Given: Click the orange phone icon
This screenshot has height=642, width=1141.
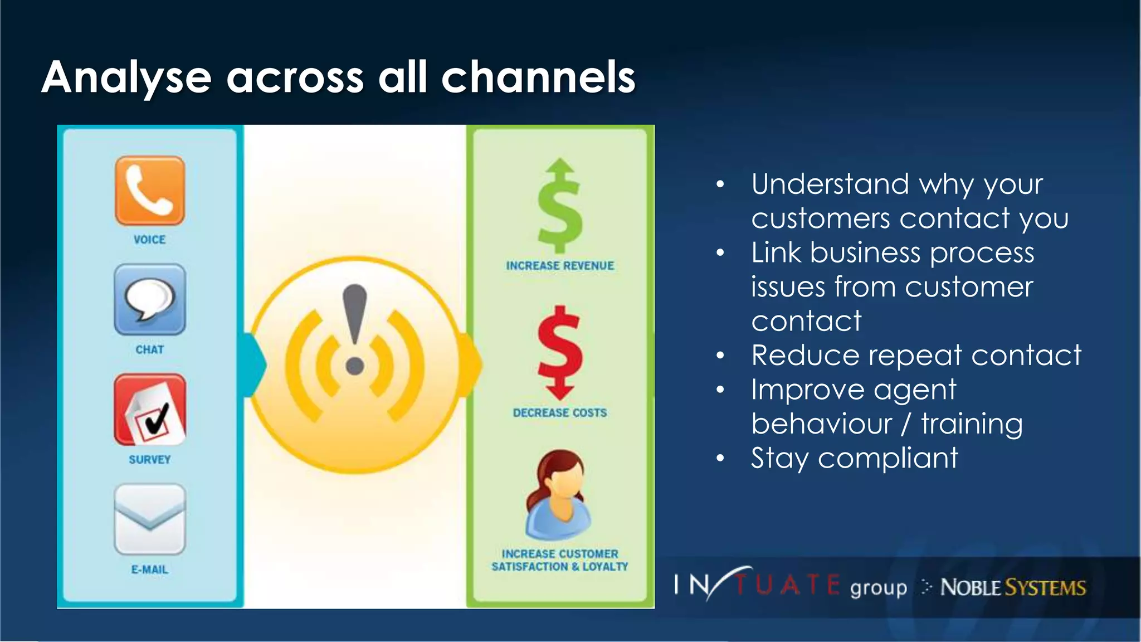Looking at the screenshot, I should [149, 191].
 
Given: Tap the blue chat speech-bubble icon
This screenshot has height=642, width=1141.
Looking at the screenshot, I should [149, 300].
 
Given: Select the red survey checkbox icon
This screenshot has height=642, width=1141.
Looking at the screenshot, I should [149, 410].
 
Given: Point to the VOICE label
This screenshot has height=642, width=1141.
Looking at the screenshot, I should [149, 240].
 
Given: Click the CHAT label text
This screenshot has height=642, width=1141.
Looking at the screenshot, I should [149, 349].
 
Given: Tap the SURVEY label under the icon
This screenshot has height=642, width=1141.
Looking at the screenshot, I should [149, 460].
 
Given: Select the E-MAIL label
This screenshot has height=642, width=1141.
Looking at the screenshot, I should [149, 570].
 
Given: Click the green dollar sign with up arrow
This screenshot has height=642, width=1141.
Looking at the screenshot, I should [560, 206].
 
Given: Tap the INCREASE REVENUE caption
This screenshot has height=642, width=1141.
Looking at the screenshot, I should [560, 266].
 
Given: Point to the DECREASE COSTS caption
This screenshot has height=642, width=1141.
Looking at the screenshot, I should [560, 413].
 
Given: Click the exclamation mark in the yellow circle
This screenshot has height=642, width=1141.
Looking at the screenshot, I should [355, 329].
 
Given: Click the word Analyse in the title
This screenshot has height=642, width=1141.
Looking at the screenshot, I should [126, 78].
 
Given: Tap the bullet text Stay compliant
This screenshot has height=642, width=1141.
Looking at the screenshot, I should [854, 458].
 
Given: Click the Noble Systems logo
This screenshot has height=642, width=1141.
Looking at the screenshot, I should [1012, 587].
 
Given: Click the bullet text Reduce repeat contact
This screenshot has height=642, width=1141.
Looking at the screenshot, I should [916, 356].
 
